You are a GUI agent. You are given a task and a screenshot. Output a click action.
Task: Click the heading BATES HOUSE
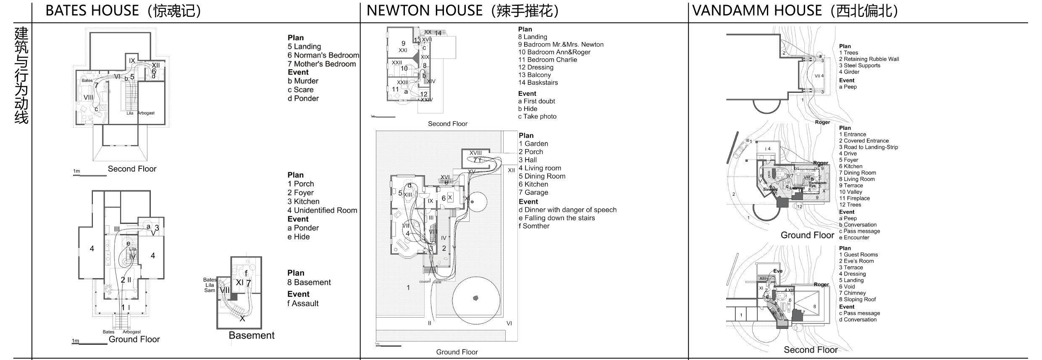click(92, 11)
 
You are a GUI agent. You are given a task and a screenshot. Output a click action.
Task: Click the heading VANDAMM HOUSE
click(757, 11)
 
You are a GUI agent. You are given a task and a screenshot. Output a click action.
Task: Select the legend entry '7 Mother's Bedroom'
click(321, 64)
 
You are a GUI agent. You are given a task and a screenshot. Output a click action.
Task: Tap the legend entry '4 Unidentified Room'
click(322, 210)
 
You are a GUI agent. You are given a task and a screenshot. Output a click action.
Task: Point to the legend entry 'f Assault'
click(303, 303)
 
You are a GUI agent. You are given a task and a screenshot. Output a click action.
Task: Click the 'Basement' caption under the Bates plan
click(252, 335)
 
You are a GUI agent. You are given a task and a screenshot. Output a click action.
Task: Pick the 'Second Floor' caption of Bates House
click(132, 169)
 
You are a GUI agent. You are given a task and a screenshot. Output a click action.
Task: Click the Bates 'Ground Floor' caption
click(134, 339)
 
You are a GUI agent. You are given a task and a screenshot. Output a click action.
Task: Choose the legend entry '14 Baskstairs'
click(538, 82)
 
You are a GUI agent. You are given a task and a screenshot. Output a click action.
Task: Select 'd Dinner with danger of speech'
click(567, 210)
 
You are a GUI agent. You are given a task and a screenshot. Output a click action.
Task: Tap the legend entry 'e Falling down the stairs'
click(556, 218)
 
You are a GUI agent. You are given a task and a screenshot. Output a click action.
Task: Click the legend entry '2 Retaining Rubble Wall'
click(869, 59)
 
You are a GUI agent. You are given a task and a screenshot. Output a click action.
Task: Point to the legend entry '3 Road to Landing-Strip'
click(869, 147)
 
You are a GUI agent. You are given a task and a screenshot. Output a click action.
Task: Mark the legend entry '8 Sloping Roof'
click(858, 300)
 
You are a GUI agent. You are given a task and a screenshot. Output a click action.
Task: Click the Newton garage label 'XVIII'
click(475, 153)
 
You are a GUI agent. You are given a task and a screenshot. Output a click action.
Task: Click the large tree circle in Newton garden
click(475, 300)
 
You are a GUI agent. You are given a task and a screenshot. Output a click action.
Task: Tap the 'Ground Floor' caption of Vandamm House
click(807, 235)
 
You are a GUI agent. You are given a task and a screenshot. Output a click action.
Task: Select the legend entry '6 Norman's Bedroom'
click(323, 55)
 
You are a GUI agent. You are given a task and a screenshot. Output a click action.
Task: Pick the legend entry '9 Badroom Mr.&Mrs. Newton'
click(561, 45)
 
